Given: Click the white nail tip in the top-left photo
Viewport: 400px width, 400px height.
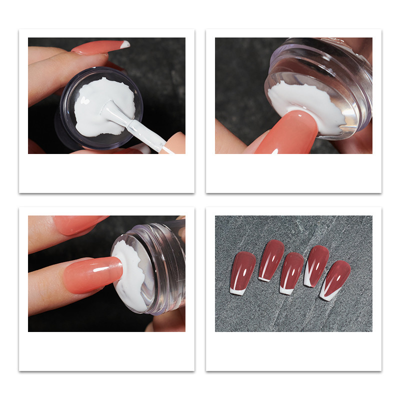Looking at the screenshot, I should tap(125, 44).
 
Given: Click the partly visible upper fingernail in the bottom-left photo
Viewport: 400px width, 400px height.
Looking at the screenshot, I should tap(80, 223).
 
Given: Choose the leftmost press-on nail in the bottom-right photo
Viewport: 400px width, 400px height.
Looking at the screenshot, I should tap(242, 272).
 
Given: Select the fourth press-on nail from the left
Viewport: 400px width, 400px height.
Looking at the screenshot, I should tap(316, 265).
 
